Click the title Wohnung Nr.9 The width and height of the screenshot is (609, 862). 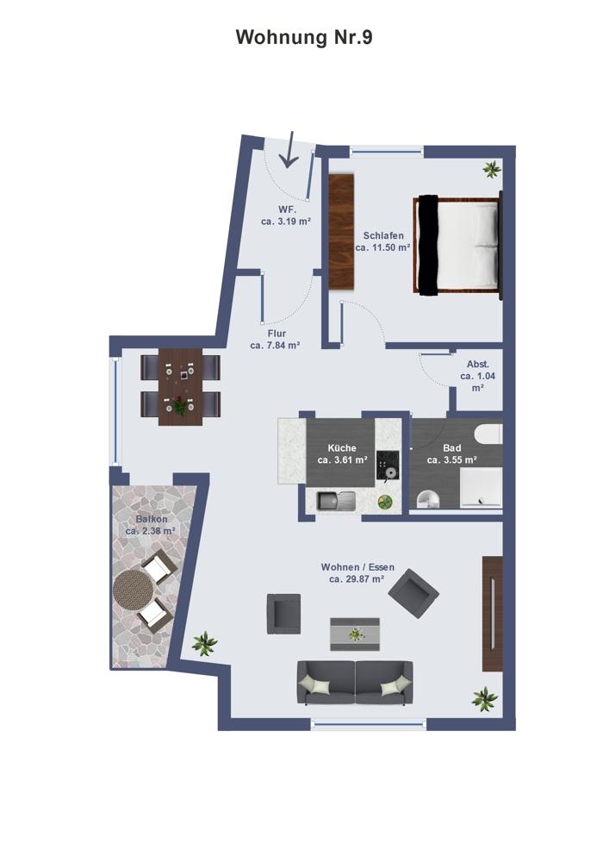304,37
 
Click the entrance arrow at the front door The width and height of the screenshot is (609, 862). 289,149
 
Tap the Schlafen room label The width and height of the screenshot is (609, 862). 383,235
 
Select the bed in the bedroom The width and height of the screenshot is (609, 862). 458,244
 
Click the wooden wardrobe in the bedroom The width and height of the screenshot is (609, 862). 342,231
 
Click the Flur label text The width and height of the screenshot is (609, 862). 277,333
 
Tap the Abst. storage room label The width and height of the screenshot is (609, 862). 478,364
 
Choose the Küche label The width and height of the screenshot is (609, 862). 342,448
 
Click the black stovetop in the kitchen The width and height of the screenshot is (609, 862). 389,465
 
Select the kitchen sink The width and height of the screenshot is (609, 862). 336,500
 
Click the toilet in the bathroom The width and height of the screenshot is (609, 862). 428,499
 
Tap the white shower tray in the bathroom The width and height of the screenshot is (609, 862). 481,488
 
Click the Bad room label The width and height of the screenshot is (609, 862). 452,448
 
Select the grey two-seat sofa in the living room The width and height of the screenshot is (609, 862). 355,683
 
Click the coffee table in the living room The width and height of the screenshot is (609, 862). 355,634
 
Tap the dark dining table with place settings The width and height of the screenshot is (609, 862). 180,386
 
